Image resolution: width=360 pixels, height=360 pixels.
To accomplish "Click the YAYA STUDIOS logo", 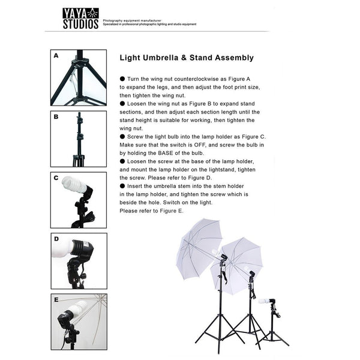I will (x=80, y=19).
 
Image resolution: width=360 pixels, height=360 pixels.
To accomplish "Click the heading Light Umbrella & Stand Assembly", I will (x=186, y=58).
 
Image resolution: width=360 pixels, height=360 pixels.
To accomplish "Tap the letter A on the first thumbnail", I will (x=56, y=55).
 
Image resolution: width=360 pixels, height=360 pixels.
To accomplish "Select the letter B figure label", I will (x=56, y=117).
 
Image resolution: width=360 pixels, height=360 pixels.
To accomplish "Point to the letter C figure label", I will (x=56, y=178).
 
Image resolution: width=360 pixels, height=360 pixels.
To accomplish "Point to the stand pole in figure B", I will (x=79, y=138).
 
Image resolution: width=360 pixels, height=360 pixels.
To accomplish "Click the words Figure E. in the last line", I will (x=172, y=211).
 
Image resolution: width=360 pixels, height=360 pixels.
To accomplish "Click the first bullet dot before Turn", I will (x=122, y=79).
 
